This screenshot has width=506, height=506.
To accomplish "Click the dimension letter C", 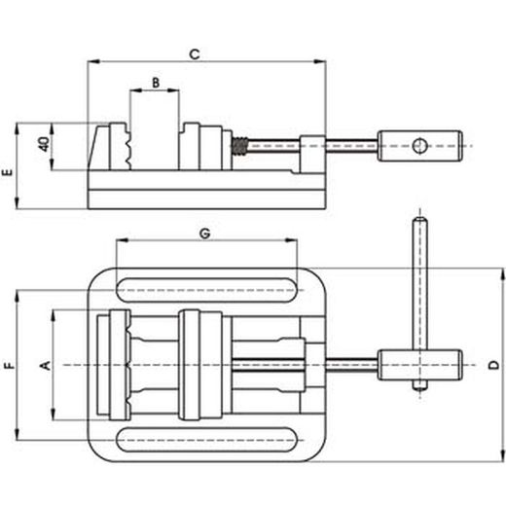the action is (x=195, y=54).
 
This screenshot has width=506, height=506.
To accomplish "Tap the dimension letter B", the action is (x=156, y=83).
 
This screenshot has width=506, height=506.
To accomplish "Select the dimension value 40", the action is (x=44, y=144).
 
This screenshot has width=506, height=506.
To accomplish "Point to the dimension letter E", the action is (x=8, y=171).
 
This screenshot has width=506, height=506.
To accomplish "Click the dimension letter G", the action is (x=204, y=234).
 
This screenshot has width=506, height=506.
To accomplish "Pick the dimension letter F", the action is (x=10, y=366).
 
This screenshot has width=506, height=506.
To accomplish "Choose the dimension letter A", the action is (x=46, y=365).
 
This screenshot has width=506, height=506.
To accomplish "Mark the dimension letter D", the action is (x=494, y=365).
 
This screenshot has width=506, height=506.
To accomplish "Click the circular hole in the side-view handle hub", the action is (x=419, y=146).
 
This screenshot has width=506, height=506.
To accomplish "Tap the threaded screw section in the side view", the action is (x=239, y=147).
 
